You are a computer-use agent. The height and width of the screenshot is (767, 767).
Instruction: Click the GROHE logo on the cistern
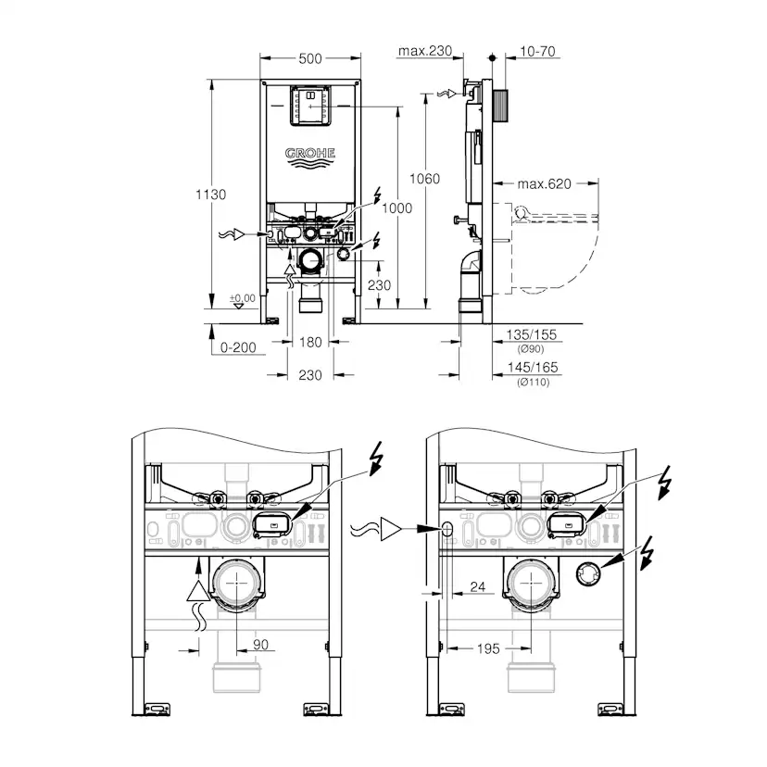coord(310,154)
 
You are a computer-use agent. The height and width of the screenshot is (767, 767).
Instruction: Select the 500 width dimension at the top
coord(310,58)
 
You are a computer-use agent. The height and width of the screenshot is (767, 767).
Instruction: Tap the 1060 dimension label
coord(426,179)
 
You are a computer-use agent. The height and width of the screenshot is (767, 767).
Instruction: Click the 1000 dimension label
coord(397,208)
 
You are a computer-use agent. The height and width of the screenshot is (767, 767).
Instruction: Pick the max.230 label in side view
coord(425,52)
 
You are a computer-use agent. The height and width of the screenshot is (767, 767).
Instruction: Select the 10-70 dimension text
coord(537,52)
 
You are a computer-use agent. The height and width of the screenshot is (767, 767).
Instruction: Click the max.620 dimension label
coord(545,184)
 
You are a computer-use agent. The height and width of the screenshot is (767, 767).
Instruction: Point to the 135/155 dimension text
coord(534,335)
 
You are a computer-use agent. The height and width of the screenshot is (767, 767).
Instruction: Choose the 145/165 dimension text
coord(534,368)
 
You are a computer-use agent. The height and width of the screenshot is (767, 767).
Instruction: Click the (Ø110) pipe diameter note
coord(534,382)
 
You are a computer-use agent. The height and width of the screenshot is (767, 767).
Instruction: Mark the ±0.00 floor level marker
coord(241,298)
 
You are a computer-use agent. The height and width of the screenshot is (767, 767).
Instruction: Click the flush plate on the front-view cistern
coord(310,105)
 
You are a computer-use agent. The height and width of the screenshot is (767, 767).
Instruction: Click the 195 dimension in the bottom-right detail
coord(488,648)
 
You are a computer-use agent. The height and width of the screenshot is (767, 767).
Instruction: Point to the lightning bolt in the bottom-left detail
coord(374,458)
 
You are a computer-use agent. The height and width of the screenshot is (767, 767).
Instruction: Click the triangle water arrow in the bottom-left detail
coord(197,583)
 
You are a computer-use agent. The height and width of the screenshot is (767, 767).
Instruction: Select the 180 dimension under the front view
coord(311,343)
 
